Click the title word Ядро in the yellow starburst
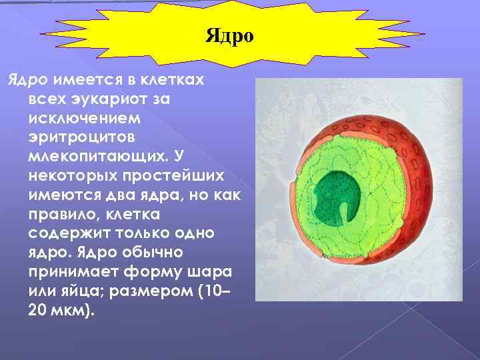[x=230, y=35]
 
